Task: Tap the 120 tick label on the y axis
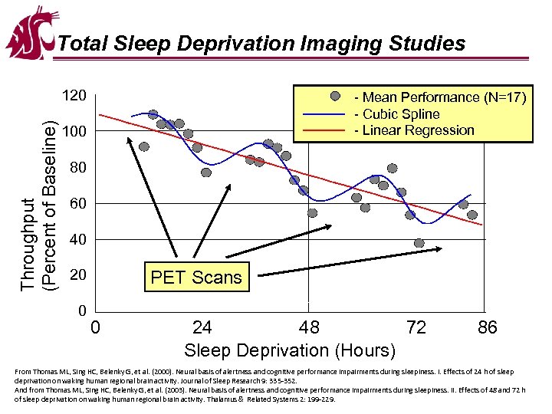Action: [74, 97]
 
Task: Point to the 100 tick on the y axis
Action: [74, 133]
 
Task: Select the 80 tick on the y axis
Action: [74, 168]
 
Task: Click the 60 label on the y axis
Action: [74, 204]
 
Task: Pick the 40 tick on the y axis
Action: [74, 240]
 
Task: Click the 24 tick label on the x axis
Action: [202, 328]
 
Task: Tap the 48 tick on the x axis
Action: [308, 328]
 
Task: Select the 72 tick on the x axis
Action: [416, 328]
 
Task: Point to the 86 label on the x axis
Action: [487, 328]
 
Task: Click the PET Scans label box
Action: [196, 278]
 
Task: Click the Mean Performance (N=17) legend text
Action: [439, 97]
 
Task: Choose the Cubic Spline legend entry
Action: [396, 114]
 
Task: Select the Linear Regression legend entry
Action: [414, 130]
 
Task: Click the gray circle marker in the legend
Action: [335, 97]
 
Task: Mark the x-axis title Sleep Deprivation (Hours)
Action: [290, 350]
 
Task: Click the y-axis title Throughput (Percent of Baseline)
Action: [38, 205]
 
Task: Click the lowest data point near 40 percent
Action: [419, 243]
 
